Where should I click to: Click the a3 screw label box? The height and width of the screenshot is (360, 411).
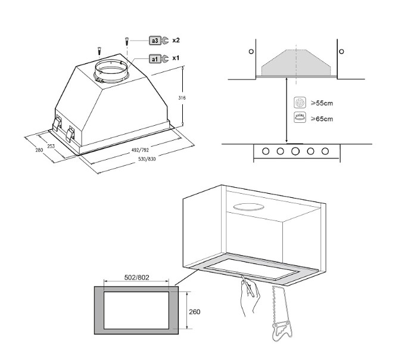[155, 41]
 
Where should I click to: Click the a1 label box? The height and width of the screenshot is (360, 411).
[155, 59]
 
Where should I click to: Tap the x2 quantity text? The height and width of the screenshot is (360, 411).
[176, 40]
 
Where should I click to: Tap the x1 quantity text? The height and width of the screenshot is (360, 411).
[176, 58]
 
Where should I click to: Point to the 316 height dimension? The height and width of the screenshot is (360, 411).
[182, 98]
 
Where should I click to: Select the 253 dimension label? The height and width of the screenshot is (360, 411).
[51, 146]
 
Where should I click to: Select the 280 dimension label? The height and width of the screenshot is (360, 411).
[39, 150]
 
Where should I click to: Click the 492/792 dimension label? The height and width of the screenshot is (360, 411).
[140, 150]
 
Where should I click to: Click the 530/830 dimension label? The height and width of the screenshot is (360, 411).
[147, 159]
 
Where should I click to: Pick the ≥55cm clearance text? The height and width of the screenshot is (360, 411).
[322, 103]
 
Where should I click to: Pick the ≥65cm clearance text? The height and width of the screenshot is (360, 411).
[322, 119]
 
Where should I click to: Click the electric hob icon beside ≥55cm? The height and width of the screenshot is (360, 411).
[300, 103]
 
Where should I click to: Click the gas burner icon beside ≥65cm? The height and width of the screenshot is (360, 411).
[300, 117]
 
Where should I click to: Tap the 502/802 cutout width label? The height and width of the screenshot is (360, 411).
[136, 277]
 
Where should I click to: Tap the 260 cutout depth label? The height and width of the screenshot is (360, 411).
[195, 312]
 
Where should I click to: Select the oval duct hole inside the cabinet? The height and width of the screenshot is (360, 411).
[248, 207]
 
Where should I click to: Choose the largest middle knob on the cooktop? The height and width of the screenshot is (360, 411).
[295, 151]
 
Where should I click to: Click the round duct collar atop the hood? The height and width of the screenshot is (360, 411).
[111, 71]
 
